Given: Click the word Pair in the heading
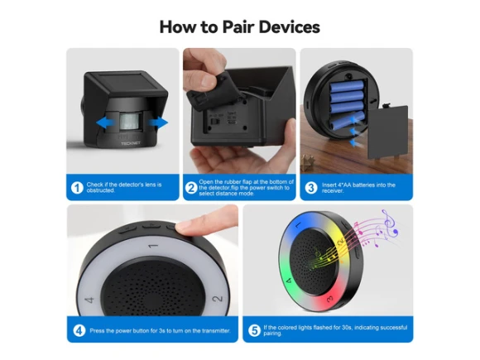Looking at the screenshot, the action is point(238,27).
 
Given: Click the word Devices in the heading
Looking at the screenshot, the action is point(290,27).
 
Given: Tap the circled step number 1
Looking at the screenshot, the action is point(77,188).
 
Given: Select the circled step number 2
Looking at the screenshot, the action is point(191,188).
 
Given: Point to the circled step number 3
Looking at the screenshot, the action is point(311,188).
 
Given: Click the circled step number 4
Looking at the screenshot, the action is point(79,330).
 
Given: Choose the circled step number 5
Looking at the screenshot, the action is point(254,330).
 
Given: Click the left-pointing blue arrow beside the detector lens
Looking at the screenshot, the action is point(105,122).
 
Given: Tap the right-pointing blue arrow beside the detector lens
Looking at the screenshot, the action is point(158,122).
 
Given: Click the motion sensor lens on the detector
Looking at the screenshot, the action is point(131,122).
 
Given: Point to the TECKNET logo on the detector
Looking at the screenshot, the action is point(131,143).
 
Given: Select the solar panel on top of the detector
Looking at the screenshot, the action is point(126,81).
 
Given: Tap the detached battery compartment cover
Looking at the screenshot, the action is point(388,131).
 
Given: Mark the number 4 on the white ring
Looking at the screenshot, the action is point(89,300).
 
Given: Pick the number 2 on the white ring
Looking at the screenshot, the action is point(217,298).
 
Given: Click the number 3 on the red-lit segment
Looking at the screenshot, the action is point(329,298).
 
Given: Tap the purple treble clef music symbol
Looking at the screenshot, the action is point(390,222).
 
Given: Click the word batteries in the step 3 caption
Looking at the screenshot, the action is point(366,185).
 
